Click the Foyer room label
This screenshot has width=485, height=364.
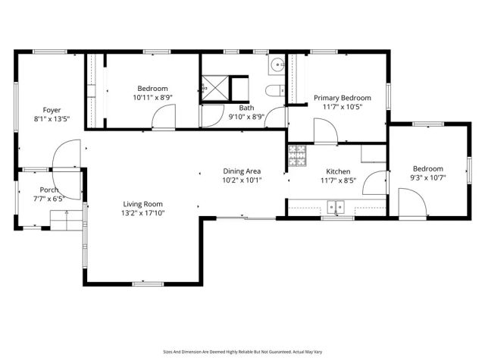pyautogui.click(x=52, y=109)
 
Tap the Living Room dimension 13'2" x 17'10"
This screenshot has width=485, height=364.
pyautogui.click(x=143, y=214)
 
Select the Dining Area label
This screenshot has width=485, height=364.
pyautogui.click(x=242, y=171)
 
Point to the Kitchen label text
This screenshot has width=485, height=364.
pyautogui.click(x=337, y=171)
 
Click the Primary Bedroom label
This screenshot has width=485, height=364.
pyautogui.click(x=343, y=98)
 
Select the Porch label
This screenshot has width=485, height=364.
pyautogui.click(x=49, y=190)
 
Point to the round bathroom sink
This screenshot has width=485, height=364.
pyautogui.click(x=277, y=64)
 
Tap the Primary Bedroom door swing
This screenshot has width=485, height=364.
pyautogui.click(x=326, y=133)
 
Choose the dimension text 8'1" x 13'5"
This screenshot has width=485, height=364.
pyautogui.click(x=52, y=119)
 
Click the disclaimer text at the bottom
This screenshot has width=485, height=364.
pyautogui.click(x=242, y=351)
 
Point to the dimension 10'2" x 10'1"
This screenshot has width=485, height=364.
pyautogui.click(x=242, y=180)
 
